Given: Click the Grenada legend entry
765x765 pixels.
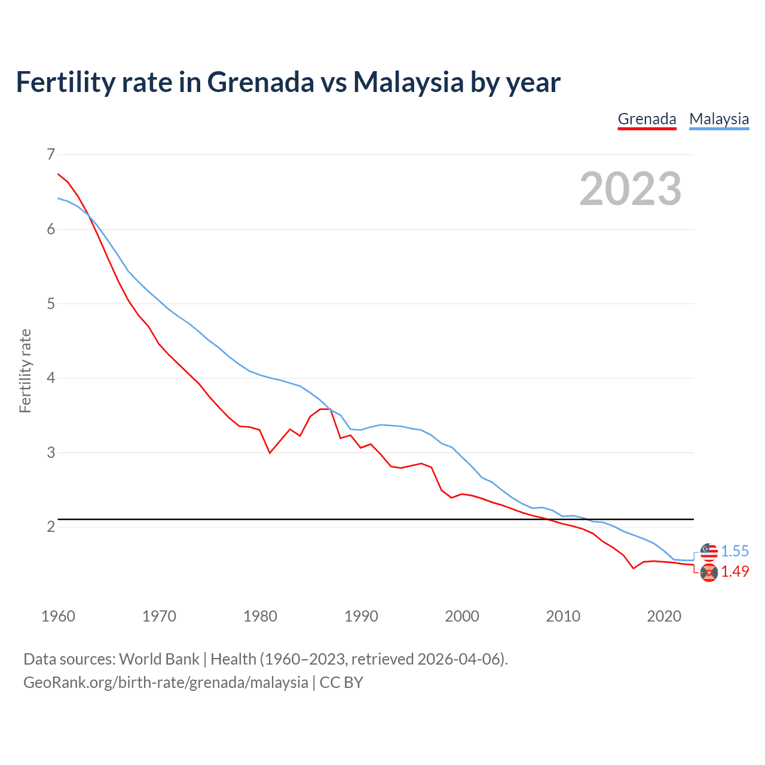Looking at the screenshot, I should [x=647, y=119].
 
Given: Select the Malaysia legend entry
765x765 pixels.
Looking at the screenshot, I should [x=719, y=119].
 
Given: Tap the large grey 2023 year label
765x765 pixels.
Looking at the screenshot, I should [x=631, y=189].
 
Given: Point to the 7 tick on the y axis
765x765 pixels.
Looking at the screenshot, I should [x=51, y=155].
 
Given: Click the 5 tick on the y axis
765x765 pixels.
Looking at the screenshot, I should [x=51, y=304].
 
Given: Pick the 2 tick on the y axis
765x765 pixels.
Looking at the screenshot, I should [x=51, y=527].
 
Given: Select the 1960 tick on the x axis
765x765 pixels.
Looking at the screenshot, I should [x=58, y=616].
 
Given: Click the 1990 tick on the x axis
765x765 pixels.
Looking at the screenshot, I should [x=361, y=616].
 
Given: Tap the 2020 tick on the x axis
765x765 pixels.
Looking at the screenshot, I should [x=664, y=616].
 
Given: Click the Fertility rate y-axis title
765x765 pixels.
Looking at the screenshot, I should [x=25, y=371].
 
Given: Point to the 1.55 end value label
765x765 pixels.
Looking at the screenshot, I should [x=735, y=551].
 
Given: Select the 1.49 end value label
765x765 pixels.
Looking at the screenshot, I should [x=735, y=572].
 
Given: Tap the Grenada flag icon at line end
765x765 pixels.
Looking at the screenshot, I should [x=709, y=573].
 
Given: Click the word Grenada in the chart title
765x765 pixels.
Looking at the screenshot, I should [x=260, y=82].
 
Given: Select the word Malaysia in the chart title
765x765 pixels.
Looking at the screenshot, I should [x=408, y=82].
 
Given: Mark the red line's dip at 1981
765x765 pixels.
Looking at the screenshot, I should [x=270, y=453].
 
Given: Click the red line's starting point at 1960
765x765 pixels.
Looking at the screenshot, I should [x=58, y=174].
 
